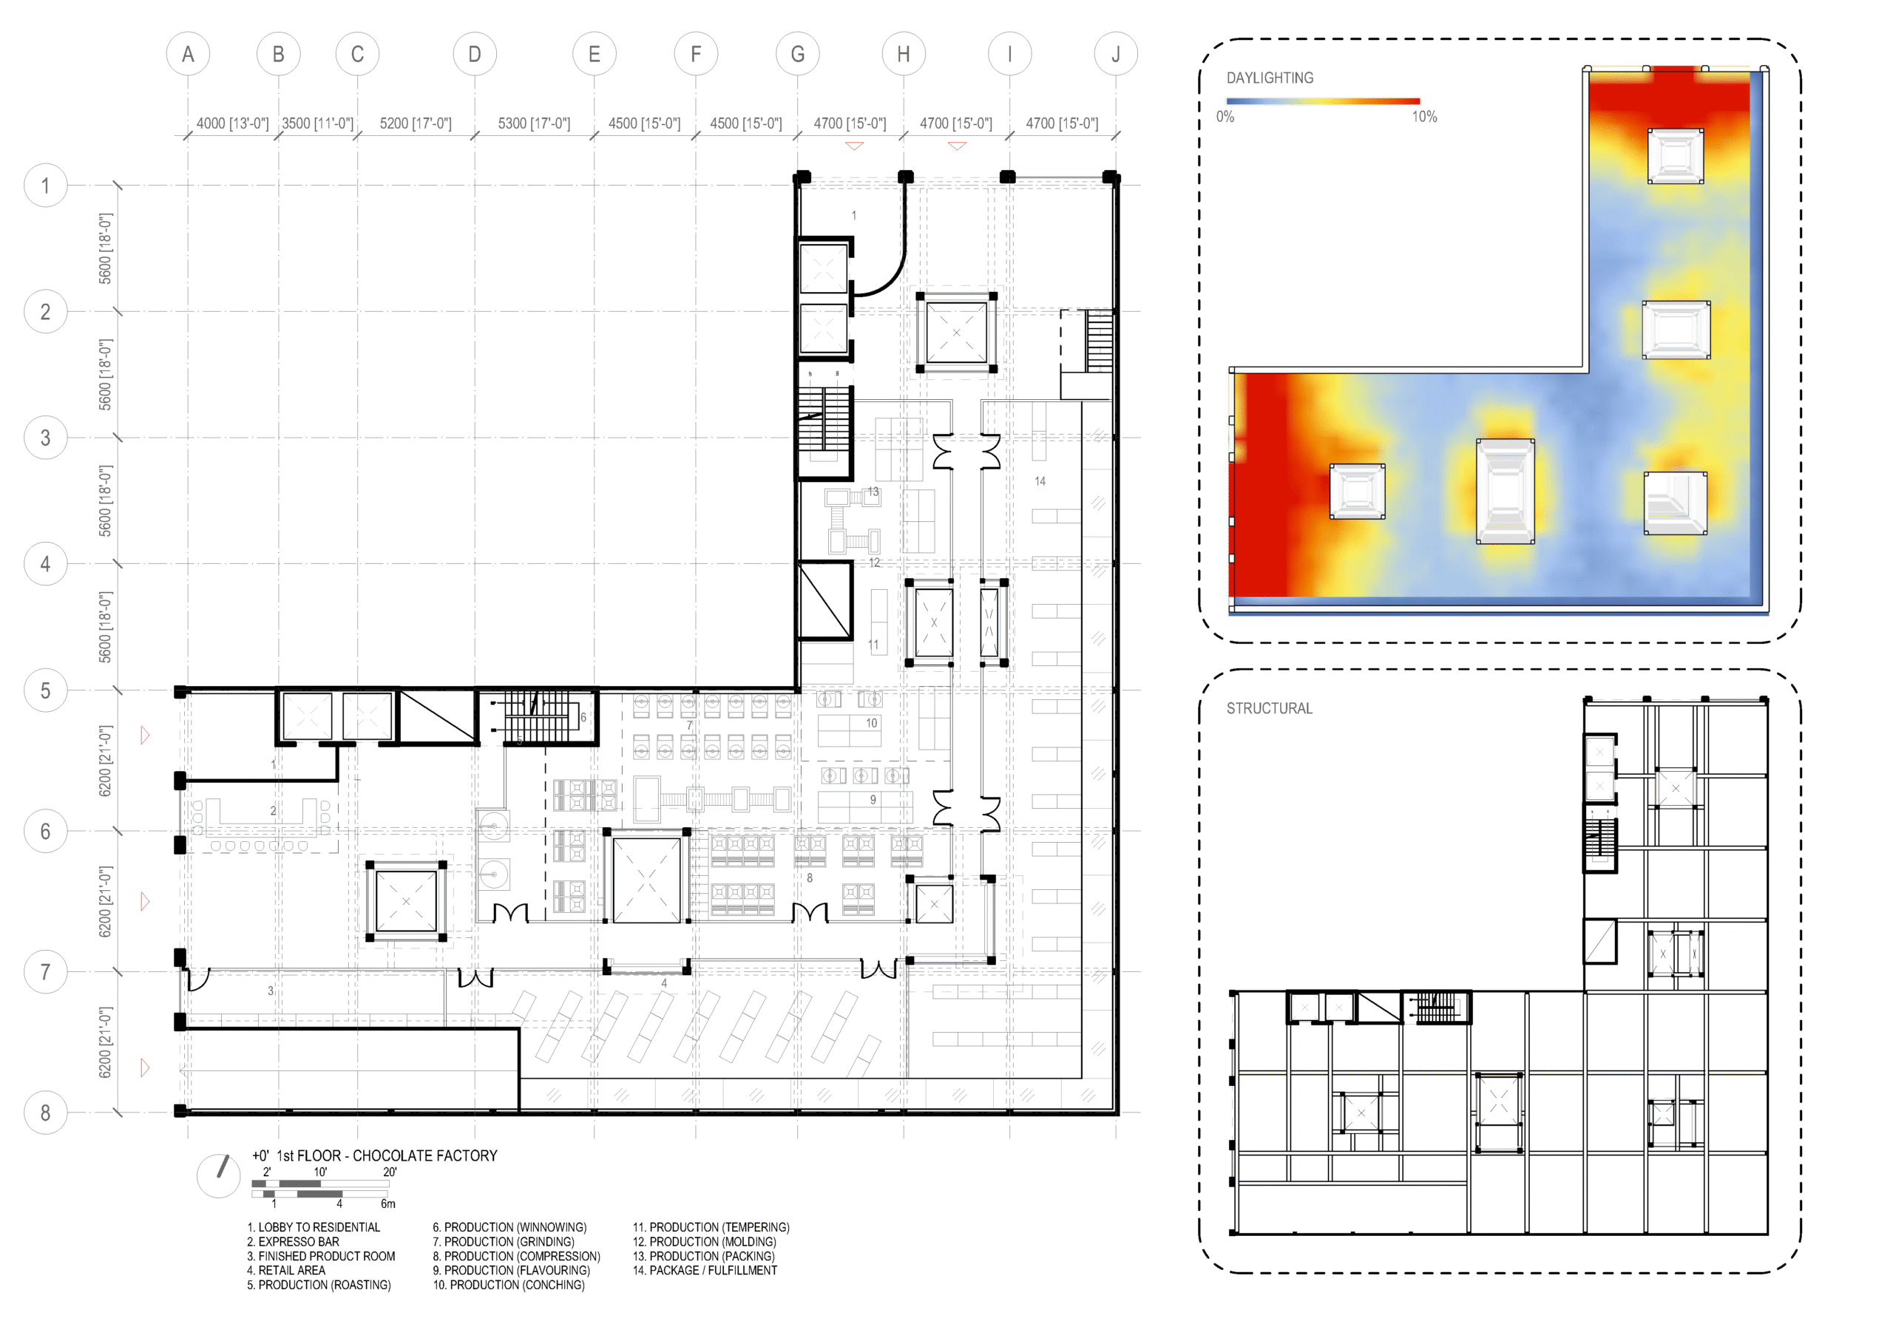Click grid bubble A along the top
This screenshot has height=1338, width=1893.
(188, 55)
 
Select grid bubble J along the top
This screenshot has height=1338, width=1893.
(1116, 55)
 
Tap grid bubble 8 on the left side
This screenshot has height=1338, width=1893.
(45, 1113)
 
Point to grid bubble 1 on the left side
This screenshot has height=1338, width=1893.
(45, 186)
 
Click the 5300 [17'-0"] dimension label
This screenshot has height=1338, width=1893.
(535, 123)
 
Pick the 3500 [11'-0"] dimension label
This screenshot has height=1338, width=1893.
(317, 123)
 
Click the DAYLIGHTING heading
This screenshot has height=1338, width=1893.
(1270, 78)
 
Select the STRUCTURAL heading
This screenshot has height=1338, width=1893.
(1269, 708)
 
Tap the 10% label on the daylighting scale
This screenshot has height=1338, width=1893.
(1424, 117)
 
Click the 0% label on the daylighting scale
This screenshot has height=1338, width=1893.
(1225, 117)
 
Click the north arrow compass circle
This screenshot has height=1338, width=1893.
(218, 1175)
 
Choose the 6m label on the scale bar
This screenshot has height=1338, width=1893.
(387, 1203)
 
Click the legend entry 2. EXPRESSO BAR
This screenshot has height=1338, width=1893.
(293, 1242)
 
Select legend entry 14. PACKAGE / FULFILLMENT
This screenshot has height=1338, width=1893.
(705, 1271)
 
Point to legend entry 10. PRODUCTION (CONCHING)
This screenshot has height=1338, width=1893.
(509, 1285)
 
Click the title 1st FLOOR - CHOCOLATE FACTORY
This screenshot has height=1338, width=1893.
(387, 1156)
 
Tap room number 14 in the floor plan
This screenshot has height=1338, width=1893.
(1040, 481)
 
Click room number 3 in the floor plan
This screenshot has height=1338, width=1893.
(271, 990)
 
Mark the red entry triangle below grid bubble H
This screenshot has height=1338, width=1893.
(956, 146)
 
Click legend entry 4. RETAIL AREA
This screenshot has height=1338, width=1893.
(286, 1271)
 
